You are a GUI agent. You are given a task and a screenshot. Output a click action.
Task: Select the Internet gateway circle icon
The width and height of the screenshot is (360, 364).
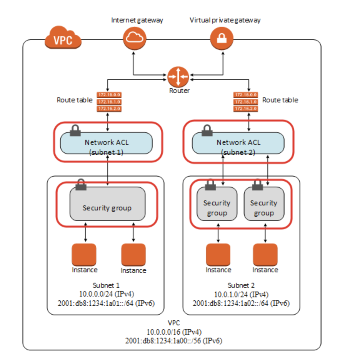coord(135,38)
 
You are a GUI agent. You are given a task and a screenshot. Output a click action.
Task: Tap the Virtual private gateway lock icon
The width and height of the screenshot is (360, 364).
coord(222,38)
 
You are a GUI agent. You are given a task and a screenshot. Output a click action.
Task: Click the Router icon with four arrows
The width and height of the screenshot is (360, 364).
coord(178,76)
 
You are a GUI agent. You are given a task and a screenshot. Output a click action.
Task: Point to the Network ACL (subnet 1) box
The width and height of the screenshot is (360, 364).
coord(107,143)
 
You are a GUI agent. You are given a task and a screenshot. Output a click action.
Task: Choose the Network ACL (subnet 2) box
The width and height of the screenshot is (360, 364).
coord(238,143)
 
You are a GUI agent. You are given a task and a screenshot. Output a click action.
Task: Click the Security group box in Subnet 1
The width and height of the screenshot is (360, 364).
coord(107,204)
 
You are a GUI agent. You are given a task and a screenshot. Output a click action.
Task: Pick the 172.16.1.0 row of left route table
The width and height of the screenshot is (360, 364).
coord(109,102)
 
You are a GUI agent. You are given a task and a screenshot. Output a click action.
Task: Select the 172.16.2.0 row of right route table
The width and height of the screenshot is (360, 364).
coord(246,109)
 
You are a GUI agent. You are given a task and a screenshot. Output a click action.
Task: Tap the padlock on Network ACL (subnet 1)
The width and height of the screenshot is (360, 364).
coord(75,130)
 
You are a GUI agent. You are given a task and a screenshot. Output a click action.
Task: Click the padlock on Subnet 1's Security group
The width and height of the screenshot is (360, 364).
coord(81,184)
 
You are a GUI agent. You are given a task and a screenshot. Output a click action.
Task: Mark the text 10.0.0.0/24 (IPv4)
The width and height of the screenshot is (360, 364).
coord(107,294)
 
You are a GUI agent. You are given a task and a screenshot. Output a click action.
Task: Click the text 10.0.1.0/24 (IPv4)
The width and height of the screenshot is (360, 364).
coord(241,294)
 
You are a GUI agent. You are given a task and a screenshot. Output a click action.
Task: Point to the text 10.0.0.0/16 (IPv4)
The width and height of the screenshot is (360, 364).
coord(174,332)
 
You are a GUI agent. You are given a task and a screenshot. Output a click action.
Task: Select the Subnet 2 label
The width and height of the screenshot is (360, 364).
coord(241,285)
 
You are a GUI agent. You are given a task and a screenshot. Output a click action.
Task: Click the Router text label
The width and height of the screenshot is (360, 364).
coord(179,91)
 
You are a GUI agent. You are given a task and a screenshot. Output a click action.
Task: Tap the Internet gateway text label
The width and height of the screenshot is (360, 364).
coord(137,20)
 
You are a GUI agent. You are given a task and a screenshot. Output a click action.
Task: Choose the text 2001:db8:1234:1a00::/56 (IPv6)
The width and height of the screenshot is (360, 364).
coord(174,341)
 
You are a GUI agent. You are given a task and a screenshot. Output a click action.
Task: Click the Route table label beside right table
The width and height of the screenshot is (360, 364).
coord(280,100)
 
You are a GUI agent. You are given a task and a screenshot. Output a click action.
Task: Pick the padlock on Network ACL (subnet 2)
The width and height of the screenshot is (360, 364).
coord(207,130)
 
